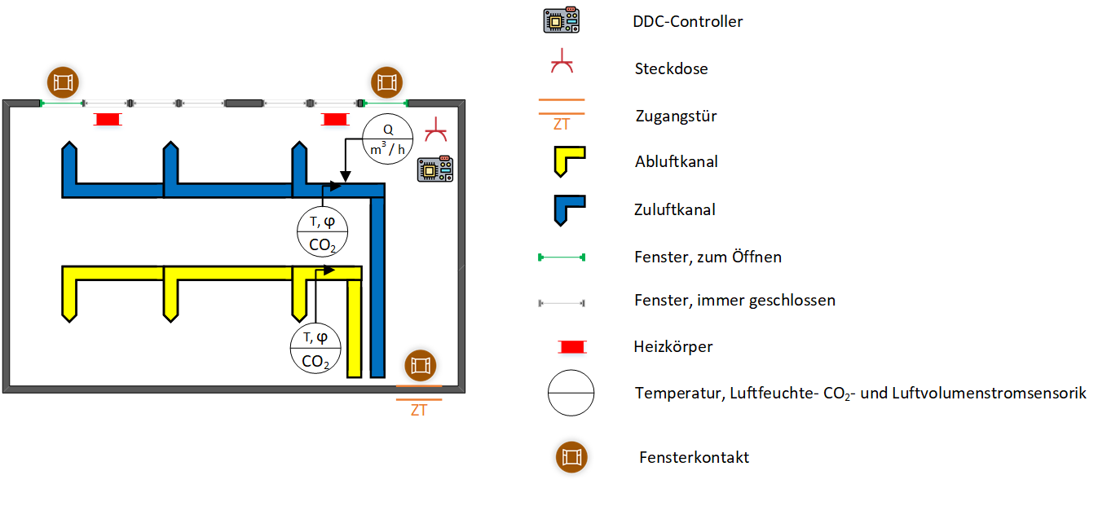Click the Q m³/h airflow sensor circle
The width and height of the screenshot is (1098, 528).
[388, 139]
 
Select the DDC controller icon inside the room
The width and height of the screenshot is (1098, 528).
[433, 169]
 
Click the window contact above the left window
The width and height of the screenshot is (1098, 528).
[63, 81]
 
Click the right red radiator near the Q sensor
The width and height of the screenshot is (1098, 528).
[334, 120]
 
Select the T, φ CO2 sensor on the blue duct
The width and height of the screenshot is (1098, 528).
[322, 231]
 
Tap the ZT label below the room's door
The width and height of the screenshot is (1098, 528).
[419, 411]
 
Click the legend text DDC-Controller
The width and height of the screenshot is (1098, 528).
[687, 22]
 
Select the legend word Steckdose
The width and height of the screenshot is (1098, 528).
[671, 69]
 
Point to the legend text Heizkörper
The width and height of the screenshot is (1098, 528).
[673, 347]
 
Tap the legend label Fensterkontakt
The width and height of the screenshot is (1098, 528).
[694, 457]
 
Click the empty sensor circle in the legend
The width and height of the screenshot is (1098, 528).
[571, 394]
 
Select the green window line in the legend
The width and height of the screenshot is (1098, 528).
[562, 257]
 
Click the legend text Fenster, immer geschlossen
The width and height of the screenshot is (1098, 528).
[734, 301]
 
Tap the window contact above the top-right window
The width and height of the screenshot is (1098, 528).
[386, 82]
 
